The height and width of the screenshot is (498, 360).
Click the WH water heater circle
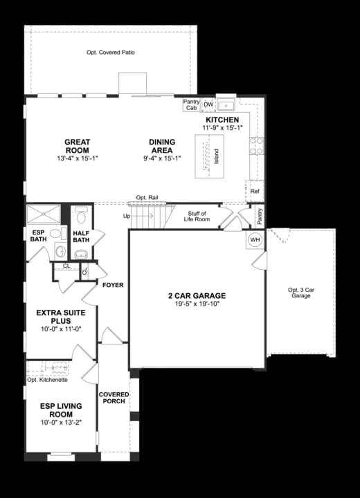pyautogui.click(x=255, y=240)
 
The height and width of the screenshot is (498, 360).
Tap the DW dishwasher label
pyautogui.click(x=208, y=105)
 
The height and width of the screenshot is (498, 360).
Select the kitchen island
pyautogui.click(x=209, y=156)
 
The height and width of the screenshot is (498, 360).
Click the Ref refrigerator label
pyautogui.click(x=255, y=191)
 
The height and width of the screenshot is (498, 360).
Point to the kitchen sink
pyautogui.click(x=226, y=104)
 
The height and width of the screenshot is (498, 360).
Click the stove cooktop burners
pyautogui.click(x=257, y=146)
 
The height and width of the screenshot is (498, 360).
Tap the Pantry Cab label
pyautogui.click(x=191, y=105)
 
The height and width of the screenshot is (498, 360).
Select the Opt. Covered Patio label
pyautogui.click(x=111, y=53)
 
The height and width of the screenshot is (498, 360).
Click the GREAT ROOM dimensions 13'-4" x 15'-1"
pyautogui.click(x=78, y=158)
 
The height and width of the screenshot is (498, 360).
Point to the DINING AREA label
pyautogui.click(x=162, y=146)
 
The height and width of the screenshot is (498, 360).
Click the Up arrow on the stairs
pyautogui.click(x=142, y=216)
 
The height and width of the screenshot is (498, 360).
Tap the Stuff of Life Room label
pyautogui.click(x=197, y=216)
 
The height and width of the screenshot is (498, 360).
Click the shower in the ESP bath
pyautogui.click(x=43, y=214)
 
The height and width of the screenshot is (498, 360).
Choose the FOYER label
pyautogui.click(x=113, y=285)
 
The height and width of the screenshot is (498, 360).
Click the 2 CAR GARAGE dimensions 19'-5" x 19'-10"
pyautogui.click(x=197, y=304)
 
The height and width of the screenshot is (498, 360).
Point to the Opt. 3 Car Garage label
pyautogui.click(x=301, y=293)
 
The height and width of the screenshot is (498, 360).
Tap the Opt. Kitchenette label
pyautogui.click(x=47, y=380)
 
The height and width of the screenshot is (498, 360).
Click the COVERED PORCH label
pyautogui.click(x=114, y=398)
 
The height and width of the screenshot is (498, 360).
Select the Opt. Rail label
pyautogui.click(x=147, y=198)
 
